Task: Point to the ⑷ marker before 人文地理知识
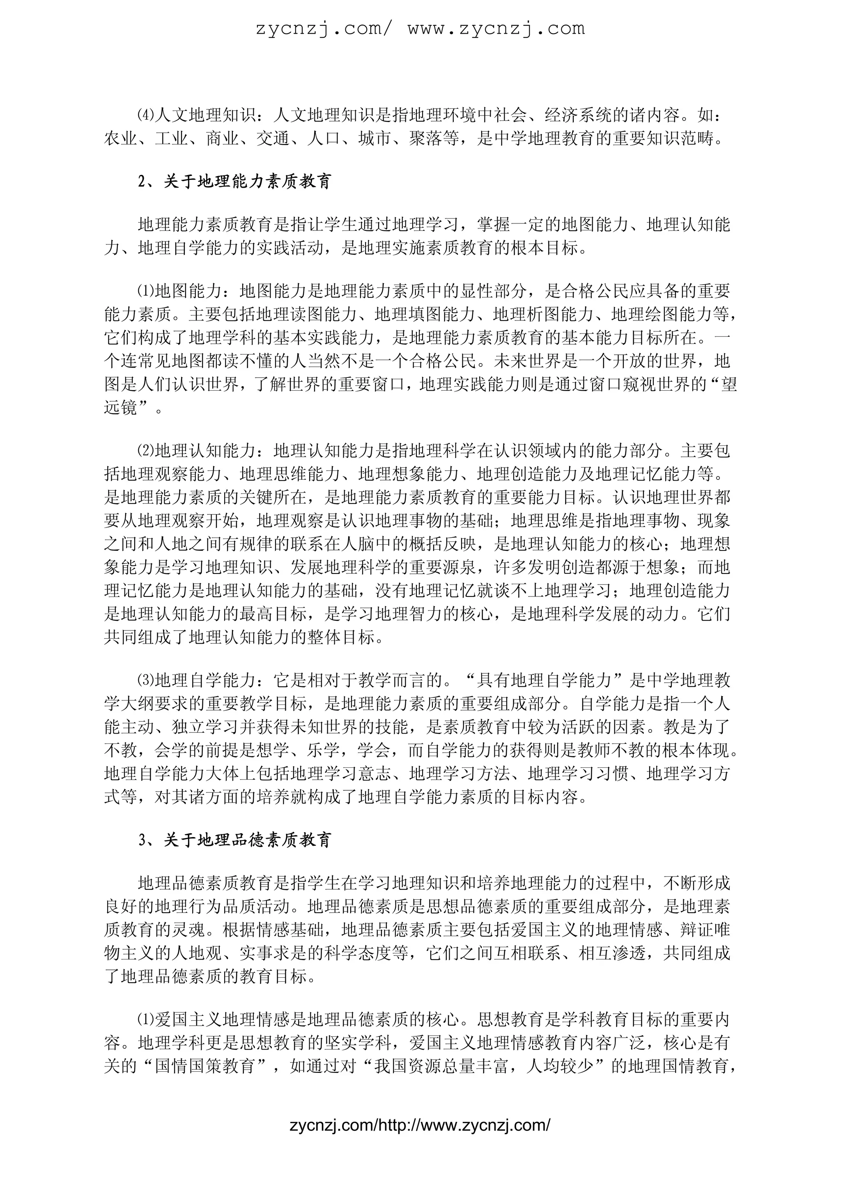click(x=146, y=115)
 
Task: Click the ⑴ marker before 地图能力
click(x=146, y=291)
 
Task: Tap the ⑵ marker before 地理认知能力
click(x=146, y=451)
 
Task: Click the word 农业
click(x=121, y=139)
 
